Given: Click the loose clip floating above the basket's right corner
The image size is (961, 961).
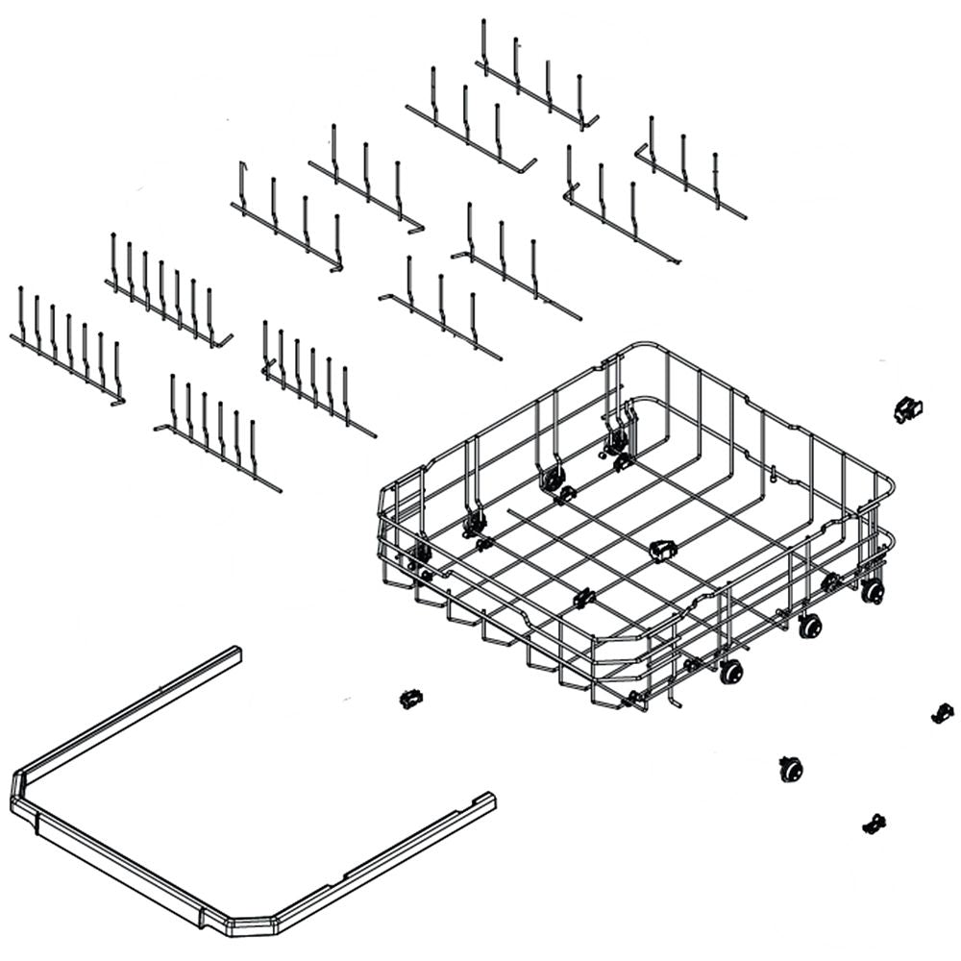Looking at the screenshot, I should point(907,410).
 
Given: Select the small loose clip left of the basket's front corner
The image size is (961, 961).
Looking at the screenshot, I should point(411,698).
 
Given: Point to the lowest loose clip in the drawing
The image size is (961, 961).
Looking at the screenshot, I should point(874,824).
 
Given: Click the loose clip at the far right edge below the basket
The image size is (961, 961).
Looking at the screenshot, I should point(943,712).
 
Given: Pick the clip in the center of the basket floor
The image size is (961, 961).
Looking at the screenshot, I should point(662,550).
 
